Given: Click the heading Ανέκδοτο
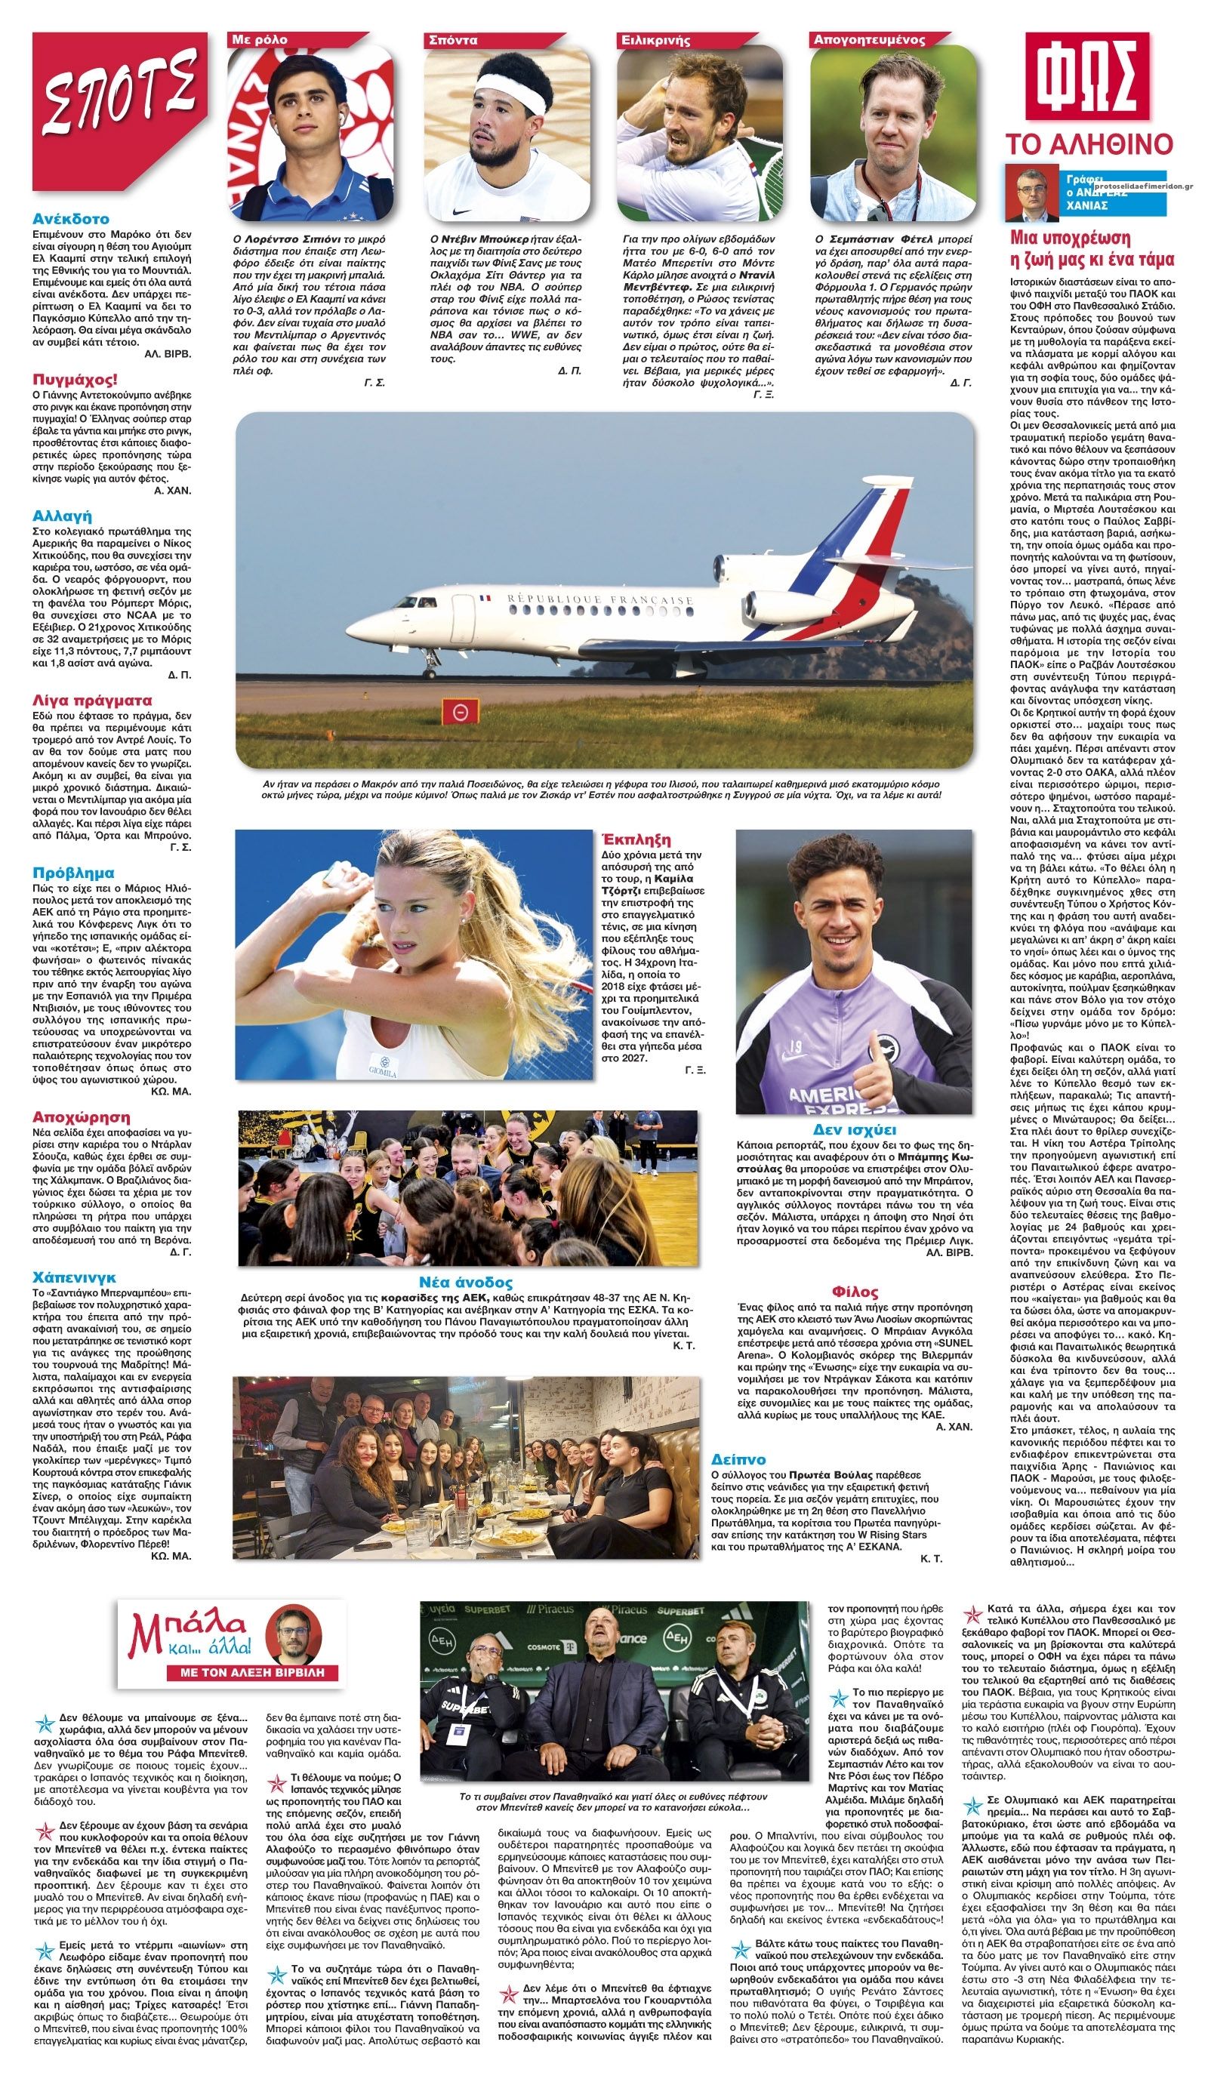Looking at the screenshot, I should click(x=71, y=220).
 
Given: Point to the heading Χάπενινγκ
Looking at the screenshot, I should click(x=74, y=1277).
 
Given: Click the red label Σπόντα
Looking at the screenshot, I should click(x=449, y=40).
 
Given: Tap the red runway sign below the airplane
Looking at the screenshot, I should click(x=455, y=711).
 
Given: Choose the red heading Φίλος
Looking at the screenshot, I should click(x=855, y=1292).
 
